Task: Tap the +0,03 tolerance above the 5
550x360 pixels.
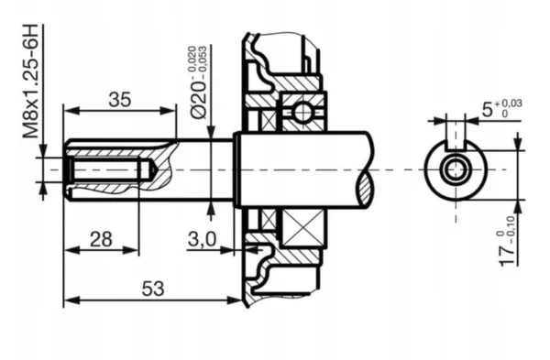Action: pyautogui.click(x=511, y=104)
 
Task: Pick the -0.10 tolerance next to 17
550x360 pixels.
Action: pyautogui.click(x=537, y=224)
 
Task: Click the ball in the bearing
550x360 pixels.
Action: pyautogui.click(x=301, y=112)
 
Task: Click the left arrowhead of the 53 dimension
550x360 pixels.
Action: pyautogui.click(x=68, y=299)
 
